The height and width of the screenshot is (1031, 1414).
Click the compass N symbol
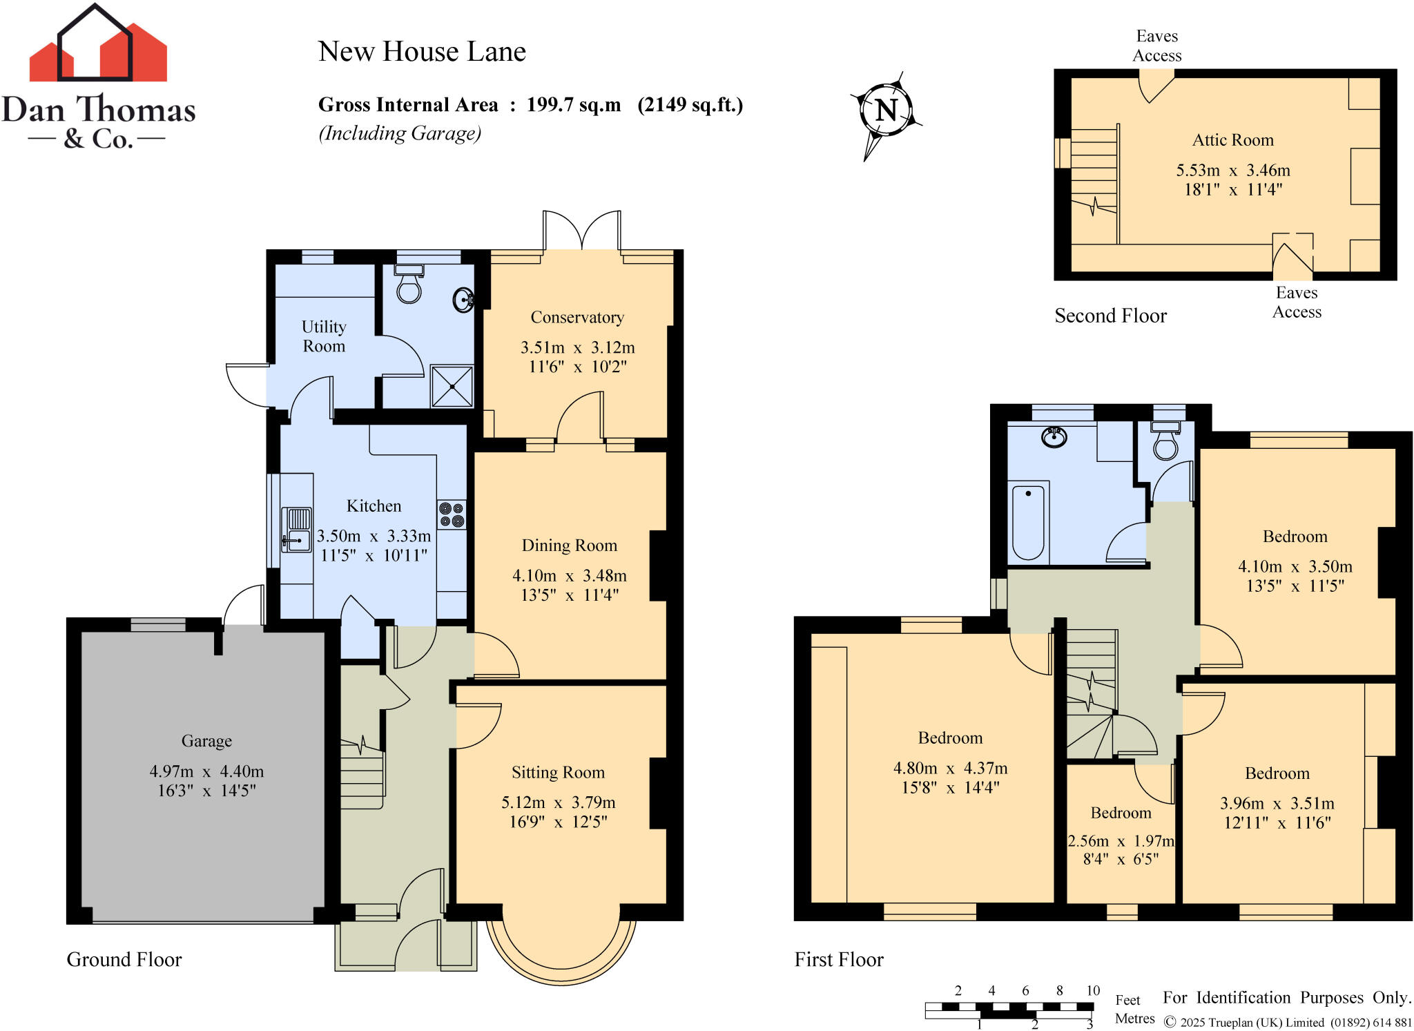point(887,110)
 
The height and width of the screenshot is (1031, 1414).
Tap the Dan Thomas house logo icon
point(97,45)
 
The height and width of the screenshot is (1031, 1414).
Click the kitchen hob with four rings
point(452,515)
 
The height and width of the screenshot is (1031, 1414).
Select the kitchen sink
point(297,530)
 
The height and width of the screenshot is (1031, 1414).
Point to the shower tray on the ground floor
point(452,386)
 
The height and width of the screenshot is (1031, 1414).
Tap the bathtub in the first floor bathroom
point(1028,522)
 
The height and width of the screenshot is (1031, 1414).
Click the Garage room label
point(206,741)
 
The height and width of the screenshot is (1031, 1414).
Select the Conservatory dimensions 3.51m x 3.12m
point(577,347)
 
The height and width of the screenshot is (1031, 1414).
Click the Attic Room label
point(1232,140)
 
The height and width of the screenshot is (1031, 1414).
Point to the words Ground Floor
point(124,959)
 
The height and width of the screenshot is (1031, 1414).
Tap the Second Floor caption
point(1110,316)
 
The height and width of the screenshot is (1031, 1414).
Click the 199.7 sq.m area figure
point(573,105)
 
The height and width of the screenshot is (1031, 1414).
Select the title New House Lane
point(422,52)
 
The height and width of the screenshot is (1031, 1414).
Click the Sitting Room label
point(558,772)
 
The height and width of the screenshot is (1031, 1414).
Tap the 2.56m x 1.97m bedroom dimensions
point(1121,841)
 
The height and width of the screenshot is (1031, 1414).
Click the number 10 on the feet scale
point(1092,990)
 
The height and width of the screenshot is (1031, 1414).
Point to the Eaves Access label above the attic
point(1156,46)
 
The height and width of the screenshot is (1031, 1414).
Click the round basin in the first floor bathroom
point(1054,437)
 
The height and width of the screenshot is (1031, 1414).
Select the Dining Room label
point(569,546)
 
